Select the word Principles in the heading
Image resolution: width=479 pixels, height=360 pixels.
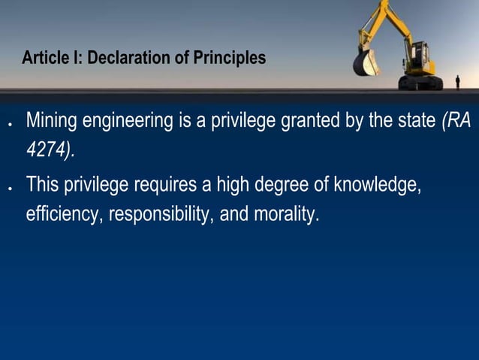[226, 58]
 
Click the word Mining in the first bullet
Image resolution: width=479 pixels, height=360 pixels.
[51, 121]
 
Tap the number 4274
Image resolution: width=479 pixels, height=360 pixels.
[49, 151]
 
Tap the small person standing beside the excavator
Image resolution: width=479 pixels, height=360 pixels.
[458, 81]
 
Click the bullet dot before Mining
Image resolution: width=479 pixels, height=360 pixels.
[7, 123]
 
